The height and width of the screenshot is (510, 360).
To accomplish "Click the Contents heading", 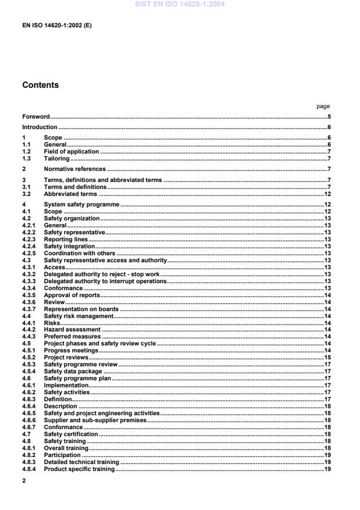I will click(x=40, y=85).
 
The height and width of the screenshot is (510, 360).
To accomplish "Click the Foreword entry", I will click(x=36, y=117).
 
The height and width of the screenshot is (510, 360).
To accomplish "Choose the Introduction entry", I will click(x=40, y=127).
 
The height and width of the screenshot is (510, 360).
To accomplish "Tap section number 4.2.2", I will click(x=30, y=232).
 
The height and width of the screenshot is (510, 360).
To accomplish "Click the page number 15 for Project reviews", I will click(x=327, y=358).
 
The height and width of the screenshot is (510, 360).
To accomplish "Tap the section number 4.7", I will click(x=26, y=434).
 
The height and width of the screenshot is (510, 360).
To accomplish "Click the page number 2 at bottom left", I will click(x=24, y=481).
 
